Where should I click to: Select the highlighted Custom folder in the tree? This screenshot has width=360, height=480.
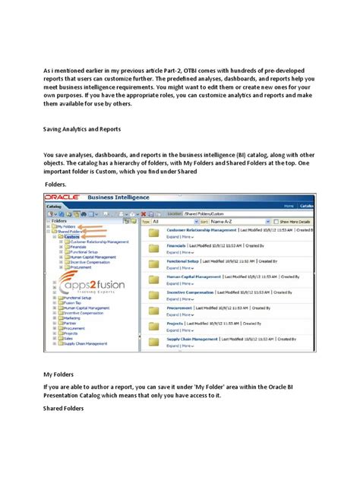72,236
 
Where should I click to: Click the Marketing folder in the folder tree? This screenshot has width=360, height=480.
71,318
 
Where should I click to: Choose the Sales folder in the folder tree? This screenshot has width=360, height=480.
68,338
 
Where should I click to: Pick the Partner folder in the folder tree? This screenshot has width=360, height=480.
69,323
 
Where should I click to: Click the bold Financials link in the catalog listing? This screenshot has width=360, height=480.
178,247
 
